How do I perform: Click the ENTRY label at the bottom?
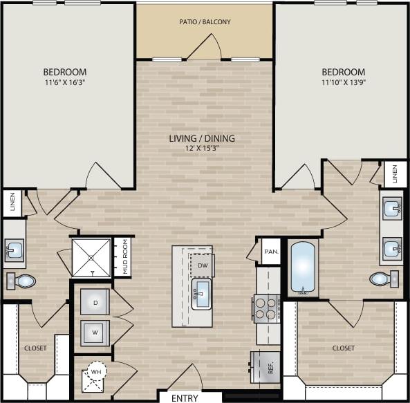click(x=184, y=398)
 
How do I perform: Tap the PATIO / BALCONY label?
click(x=205, y=22)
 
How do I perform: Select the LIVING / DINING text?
click(x=202, y=138)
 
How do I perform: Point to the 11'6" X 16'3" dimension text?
click(x=65, y=84)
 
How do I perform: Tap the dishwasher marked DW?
click(x=202, y=265)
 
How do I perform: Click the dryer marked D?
click(x=95, y=302)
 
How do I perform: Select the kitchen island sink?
click(x=202, y=294)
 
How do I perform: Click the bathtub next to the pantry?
click(x=303, y=267)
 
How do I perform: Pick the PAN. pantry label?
click(x=270, y=252)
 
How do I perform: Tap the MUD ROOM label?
click(x=125, y=256)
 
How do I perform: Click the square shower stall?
click(x=91, y=257)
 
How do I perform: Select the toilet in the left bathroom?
click(x=23, y=281)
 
